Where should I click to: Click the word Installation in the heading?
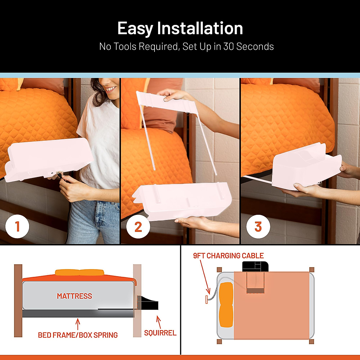coord(200,28)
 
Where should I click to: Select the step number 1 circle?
coord(17,226)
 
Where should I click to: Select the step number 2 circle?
coord(138,227)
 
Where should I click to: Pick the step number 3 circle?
coord(258,227)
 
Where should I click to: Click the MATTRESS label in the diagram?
coord(74,296)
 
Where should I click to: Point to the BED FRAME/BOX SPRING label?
coord(78,335)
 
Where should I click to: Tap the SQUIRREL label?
coord(160,333)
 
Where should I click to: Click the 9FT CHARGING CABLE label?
coord(228,256)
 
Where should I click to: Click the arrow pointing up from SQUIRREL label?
coord(159,322)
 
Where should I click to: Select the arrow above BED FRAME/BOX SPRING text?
coord(78,324)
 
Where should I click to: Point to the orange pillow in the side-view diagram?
coord(79,273)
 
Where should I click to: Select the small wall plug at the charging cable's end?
coord(207,299)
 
